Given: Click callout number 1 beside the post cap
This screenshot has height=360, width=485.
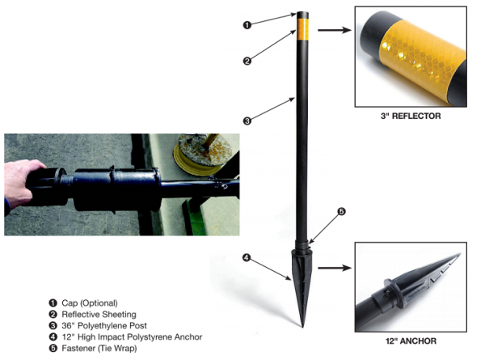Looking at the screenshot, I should (x=247, y=25).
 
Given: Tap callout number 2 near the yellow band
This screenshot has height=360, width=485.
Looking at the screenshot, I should (x=247, y=61).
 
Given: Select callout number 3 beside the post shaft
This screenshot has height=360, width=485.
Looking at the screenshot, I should (x=247, y=121).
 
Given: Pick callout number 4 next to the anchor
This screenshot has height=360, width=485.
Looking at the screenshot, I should (x=247, y=258).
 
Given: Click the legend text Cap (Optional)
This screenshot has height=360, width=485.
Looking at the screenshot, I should (x=90, y=303).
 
